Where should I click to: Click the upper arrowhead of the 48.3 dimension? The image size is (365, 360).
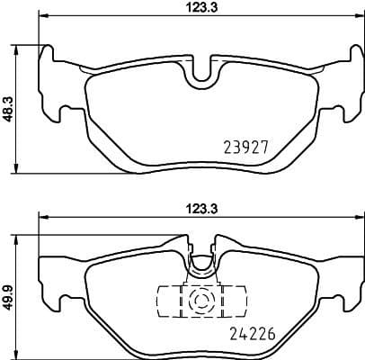pyautogui.click(x=19, y=47)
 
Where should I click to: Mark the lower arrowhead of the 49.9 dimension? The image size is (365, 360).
pyautogui.click(x=19, y=354)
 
